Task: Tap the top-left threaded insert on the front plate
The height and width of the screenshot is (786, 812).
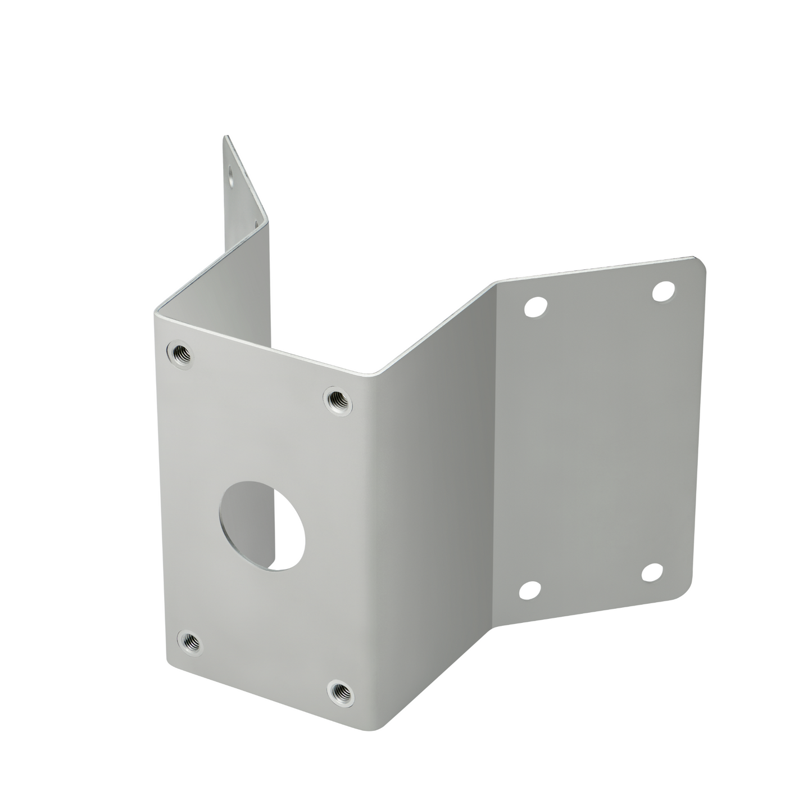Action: pos(179,353)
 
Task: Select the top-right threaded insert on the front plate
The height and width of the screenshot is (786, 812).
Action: pos(338,400)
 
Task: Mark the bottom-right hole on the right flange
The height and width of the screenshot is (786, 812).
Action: pos(652,572)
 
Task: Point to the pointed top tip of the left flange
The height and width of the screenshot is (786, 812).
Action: pos(226,137)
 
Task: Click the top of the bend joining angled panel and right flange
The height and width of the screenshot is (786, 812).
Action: pos(495,283)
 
